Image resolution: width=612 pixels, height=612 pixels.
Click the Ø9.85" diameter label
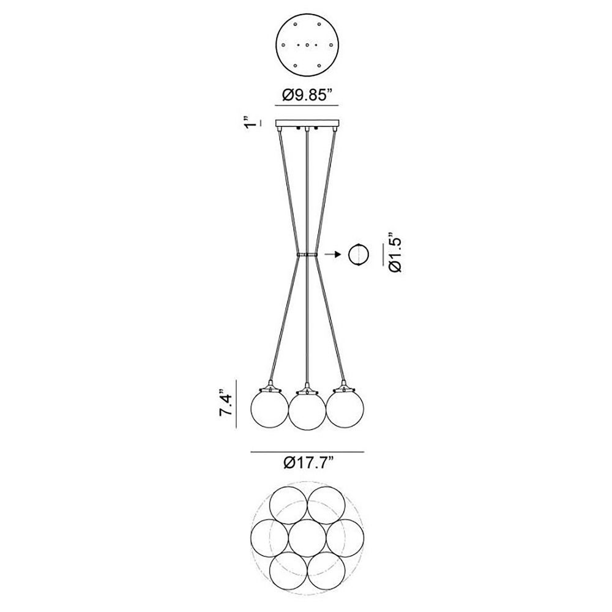tap(307, 95)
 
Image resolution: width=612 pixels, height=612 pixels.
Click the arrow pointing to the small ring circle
tap(332, 255)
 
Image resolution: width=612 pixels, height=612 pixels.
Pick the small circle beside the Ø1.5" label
tap(359, 255)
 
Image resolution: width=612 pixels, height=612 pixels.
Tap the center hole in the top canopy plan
tap(307, 45)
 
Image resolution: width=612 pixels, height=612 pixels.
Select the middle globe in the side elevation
tap(307, 411)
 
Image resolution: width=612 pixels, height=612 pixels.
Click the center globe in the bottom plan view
tap(307, 537)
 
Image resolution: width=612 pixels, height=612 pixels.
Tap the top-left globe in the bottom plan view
tap(288, 505)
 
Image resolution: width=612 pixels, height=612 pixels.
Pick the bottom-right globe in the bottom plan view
tap(326, 570)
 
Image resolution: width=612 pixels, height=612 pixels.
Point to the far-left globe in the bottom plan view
tap(269, 537)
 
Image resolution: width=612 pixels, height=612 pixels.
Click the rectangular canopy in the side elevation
tap(307, 124)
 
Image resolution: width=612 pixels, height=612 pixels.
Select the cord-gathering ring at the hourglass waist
tap(307, 255)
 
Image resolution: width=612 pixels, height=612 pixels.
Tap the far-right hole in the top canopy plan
tap(331, 45)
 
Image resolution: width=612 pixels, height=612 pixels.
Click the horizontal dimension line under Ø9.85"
tap(307, 105)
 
